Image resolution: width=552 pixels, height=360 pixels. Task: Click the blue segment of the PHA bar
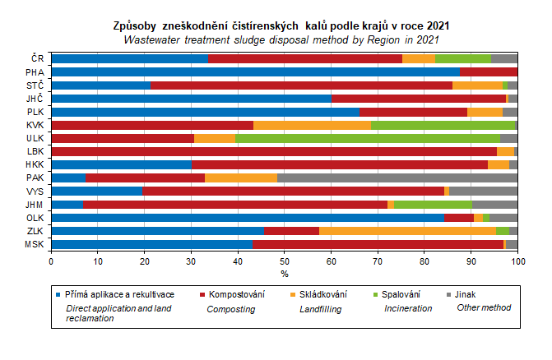coord(255,72)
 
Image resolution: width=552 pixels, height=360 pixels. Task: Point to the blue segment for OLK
coord(247,218)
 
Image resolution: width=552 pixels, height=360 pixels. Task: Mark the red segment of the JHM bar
coord(235,205)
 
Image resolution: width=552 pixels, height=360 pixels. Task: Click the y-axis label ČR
coord(37,58)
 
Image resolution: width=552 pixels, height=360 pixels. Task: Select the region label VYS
coord(35,192)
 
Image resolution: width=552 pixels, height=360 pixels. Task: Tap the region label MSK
coord(35,244)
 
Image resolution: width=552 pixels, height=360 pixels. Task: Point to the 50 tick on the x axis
coord(285,261)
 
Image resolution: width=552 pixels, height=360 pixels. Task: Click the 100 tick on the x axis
coord(517,261)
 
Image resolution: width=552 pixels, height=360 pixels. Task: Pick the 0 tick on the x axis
coord(51,261)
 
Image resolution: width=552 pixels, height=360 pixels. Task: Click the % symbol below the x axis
coord(285,273)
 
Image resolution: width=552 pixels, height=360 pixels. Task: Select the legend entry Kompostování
coord(235,293)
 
